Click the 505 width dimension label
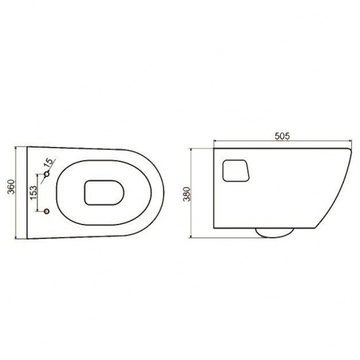282,136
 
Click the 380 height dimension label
186,194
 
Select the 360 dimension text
11,186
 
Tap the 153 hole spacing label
33,192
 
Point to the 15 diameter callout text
48,163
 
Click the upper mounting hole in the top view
48,174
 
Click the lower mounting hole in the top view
47,211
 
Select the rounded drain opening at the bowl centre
104,192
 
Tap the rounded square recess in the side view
236,171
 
